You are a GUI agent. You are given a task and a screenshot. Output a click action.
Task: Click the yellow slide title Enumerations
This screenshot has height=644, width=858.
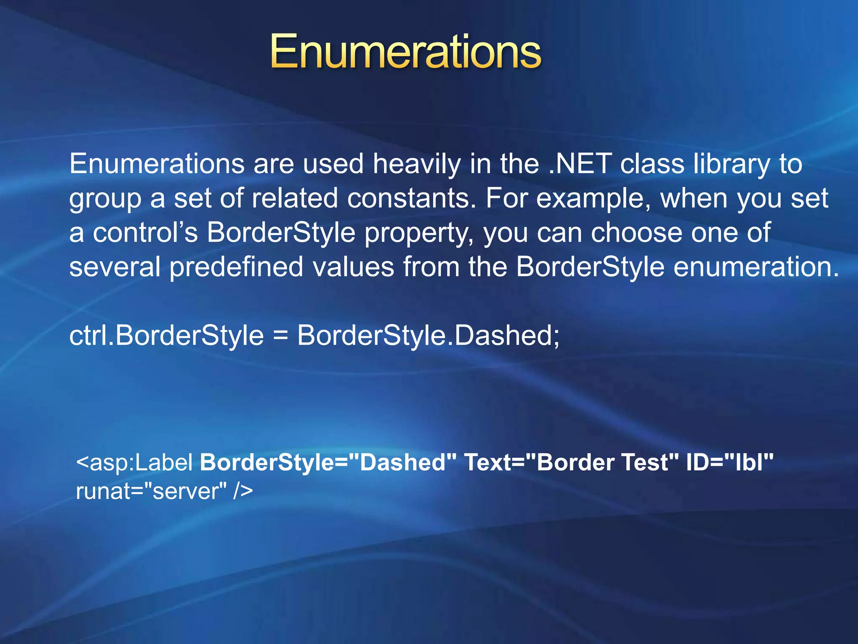[406, 52]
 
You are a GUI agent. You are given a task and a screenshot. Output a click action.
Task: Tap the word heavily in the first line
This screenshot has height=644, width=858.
[416, 164]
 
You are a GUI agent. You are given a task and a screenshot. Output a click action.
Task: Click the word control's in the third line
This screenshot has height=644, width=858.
[145, 233]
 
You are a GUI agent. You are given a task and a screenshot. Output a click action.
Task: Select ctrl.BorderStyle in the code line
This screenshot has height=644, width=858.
[166, 336]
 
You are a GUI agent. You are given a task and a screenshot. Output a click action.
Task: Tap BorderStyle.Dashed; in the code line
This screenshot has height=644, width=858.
[428, 336]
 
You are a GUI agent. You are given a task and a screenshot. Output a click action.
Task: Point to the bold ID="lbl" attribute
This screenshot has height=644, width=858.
[729, 463]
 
